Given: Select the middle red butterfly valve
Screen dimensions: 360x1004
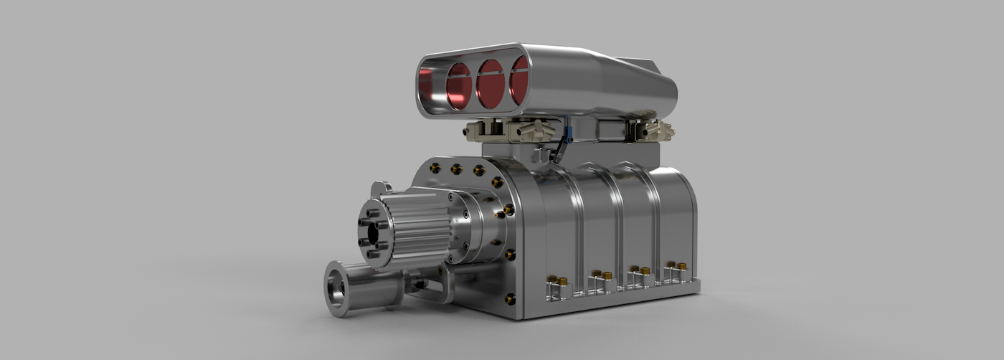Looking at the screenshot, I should [x=491, y=83].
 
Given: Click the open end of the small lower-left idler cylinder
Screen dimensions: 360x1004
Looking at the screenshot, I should [x=335, y=289].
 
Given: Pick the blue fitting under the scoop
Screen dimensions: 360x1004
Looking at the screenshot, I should [x=567, y=133].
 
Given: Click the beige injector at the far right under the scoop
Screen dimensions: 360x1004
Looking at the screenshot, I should [x=655, y=130].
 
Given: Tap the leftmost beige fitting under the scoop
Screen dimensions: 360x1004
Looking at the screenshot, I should [x=476, y=131].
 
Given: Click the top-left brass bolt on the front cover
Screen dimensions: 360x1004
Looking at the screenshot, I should [x=435, y=168].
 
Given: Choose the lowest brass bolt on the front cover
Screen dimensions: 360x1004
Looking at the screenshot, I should [x=510, y=298].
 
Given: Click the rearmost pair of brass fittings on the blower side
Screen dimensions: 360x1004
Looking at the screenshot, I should [x=676, y=266].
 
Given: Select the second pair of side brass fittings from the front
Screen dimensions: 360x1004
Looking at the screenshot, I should [x=601, y=275].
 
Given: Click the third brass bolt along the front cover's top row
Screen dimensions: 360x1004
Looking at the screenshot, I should [x=478, y=171].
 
